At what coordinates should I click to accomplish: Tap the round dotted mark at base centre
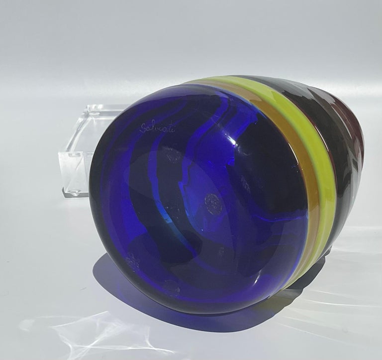point(211,200)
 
